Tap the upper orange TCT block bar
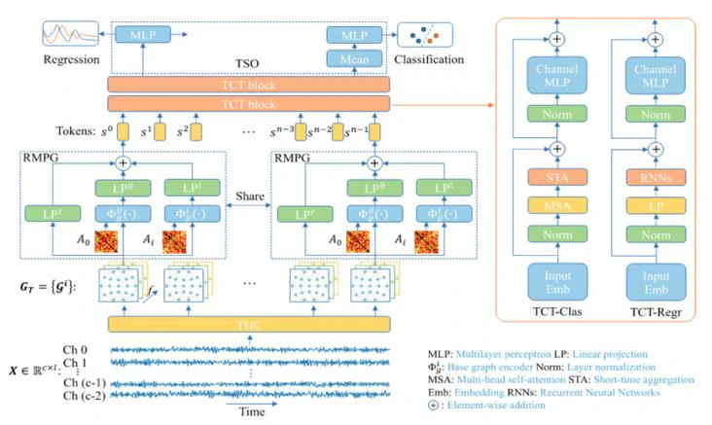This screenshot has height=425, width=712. pos(249,84)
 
